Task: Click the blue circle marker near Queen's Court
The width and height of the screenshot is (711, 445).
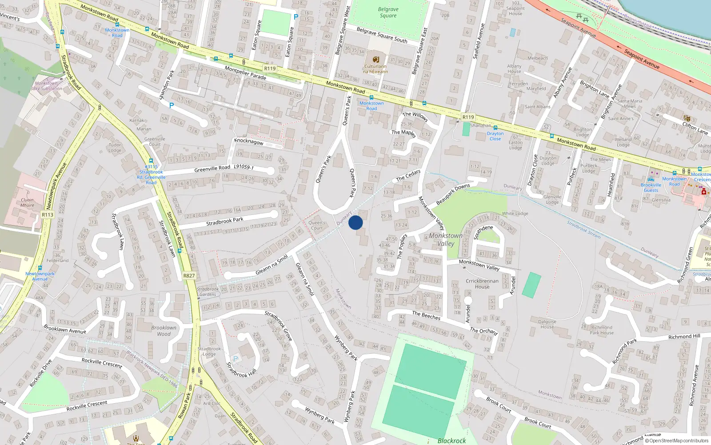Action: point(355,222)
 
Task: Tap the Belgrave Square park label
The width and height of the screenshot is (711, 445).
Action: point(388,12)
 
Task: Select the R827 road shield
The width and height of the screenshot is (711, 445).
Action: point(189,276)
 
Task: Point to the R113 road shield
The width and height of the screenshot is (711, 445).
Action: point(48,214)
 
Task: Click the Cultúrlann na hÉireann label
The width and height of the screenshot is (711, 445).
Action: point(375,69)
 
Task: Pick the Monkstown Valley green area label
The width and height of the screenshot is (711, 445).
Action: point(446,239)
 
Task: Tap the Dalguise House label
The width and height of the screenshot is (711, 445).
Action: point(547,324)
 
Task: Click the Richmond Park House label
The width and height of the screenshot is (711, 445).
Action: point(602,330)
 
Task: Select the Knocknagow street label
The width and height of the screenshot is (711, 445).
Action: point(249,142)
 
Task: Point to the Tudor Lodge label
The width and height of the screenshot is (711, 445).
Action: point(115,147)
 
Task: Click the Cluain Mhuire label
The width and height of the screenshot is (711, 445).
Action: point(27,202)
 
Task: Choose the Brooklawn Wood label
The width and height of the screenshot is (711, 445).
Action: point(164,331)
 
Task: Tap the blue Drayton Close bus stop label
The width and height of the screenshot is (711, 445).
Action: point(495,136)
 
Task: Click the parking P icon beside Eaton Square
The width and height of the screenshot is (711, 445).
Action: point(296,17)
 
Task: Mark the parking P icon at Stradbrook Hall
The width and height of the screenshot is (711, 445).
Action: point(236,359)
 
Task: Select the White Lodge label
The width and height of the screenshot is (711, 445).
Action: point(515,214)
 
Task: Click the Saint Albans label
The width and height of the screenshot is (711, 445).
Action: point(537,107)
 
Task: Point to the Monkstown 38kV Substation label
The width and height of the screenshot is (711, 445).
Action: point(46,86)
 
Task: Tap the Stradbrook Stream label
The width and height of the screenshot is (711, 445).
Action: point(583,229)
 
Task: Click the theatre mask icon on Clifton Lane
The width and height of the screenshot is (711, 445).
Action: point(687,118)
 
